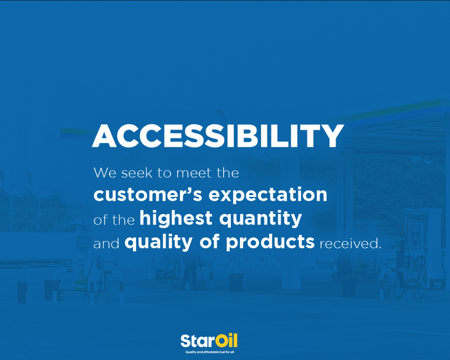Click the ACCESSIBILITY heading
[218, 136]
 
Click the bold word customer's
[148, 194]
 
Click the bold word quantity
[261, 219]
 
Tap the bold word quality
[158, 242]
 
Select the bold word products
[270, 242]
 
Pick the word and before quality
[106, 244]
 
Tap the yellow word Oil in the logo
[226, 341]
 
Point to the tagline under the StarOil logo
[210, 352]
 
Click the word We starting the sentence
[105, 173]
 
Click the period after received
[380, 248]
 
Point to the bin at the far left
[22, 292]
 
